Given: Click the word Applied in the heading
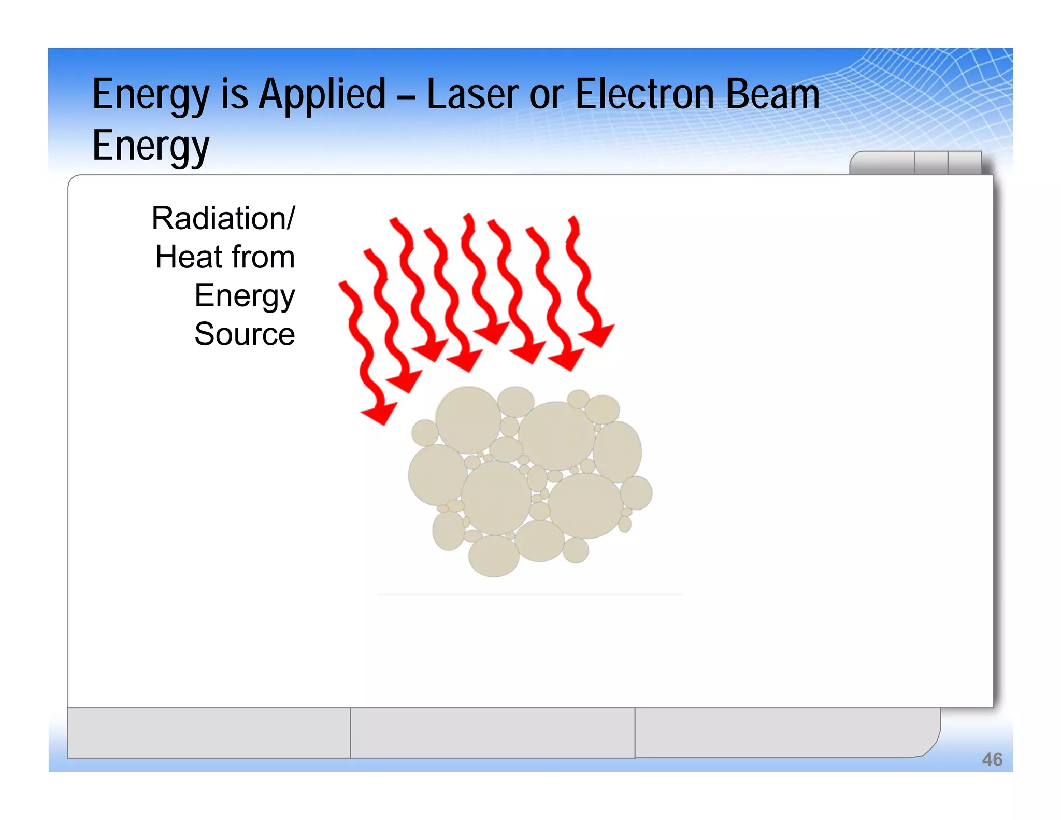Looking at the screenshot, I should click(322, 96).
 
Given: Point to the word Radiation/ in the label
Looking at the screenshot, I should click(223, 218).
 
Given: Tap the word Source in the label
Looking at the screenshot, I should click(245, 334).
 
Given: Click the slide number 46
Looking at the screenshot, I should click(992, 759).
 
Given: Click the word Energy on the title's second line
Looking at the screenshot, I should click(151, 147).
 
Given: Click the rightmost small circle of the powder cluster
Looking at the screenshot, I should click(636, 492).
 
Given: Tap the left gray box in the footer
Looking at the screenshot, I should click(209, 732).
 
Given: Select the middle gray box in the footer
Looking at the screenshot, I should click(492, 732).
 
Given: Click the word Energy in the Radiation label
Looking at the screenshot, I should click(245, 296).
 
